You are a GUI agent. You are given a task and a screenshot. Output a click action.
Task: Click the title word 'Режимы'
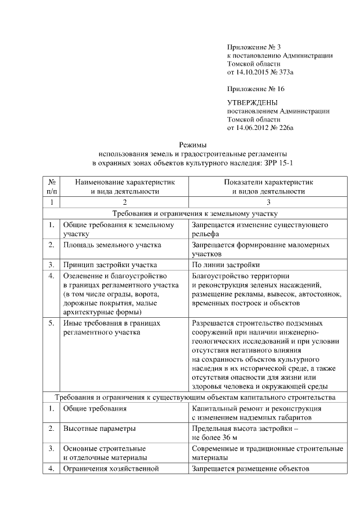(x=193, y=145)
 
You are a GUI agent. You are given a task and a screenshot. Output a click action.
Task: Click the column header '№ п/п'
(x=51, y=187)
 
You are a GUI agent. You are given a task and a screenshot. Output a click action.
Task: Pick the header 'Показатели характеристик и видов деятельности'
(x=268, y=187)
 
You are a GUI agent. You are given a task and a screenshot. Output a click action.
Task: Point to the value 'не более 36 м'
(x=215, y=437)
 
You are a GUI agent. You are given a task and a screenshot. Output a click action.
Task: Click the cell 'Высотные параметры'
(x=100, y=429)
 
